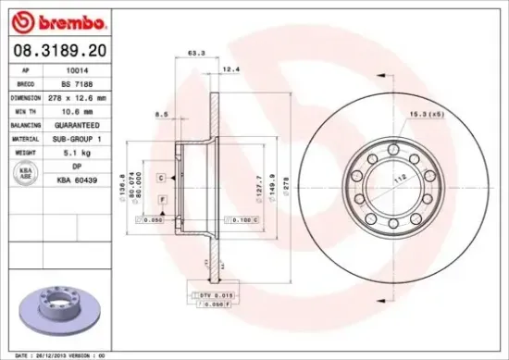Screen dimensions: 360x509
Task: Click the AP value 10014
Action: pyautogui.click(x=73, y=69)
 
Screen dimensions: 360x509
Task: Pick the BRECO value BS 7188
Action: pyautogui.click(x=73, y=82)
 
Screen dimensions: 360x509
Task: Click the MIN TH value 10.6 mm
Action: pyautogui.click(x=73, y=110)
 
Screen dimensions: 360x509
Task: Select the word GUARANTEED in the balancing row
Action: pyautogui.click(x=73, y=124)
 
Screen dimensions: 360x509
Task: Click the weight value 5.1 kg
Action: pyautogui.click(x=73, y=151)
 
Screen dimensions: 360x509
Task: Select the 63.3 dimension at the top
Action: pyautogui.click(x=195, y=54)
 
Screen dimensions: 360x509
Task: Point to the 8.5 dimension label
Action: pyautogui.click(x=161, y=115)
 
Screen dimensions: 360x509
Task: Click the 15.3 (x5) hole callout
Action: pyautogui.click(x=426, y=114)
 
